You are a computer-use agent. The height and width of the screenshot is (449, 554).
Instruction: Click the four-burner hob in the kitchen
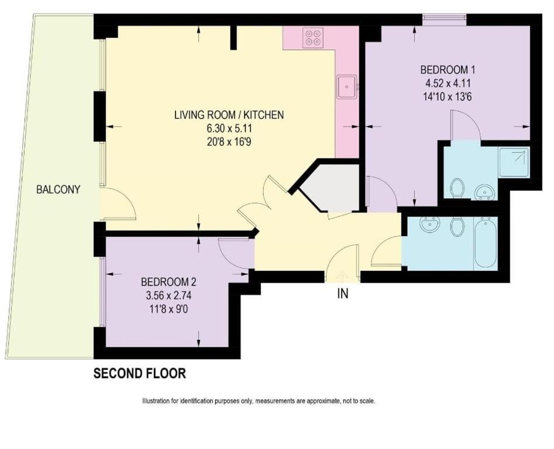[x=312, y=38]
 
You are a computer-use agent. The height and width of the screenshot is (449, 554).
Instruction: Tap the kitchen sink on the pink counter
[x=347, y=87]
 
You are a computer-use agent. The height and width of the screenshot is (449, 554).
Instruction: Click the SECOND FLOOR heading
[x=140, y=373]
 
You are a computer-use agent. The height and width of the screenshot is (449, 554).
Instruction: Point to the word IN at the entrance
[x=343, y=293]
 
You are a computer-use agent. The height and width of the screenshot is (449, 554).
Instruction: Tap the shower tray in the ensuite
[x=514, y=163]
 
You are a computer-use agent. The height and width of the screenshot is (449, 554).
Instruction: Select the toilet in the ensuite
[x=457, y=188]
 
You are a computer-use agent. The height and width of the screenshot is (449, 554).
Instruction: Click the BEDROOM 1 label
[x=448, y=70]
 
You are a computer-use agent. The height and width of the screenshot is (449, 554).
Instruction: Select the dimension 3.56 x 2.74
[x=169, y=295]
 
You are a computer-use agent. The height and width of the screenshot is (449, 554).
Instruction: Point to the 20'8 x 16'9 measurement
[x=229, y=142]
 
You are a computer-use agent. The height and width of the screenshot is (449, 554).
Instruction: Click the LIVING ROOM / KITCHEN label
[x=229, y=115]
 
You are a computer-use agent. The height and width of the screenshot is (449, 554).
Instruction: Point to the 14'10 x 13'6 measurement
[x=448, y=96]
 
